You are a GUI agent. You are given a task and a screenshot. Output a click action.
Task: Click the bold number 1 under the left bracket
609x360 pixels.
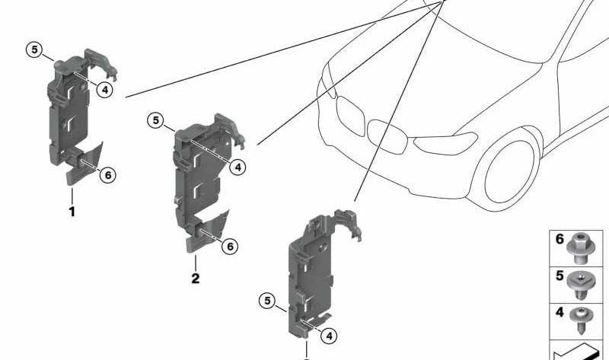click(x=72, y=212)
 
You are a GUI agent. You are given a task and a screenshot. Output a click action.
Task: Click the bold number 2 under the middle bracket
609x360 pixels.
click(x=196, y=278)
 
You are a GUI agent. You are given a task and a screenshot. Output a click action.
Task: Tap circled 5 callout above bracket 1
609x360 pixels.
click(x=34, y=50)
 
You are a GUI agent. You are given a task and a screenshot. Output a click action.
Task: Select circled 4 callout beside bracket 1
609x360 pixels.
click(x=104, y=90)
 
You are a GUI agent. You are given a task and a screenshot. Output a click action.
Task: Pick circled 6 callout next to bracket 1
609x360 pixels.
click(x=107, y=175)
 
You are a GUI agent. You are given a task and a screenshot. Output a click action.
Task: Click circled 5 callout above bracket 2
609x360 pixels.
click(x=156, y=120)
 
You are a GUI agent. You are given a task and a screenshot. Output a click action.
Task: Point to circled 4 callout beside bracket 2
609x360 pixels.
click(x=238, y=167)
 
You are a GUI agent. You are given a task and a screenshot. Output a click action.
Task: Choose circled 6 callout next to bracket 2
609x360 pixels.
click(x=230, y=246)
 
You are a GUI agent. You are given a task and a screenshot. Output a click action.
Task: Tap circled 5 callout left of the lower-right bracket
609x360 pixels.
click(x=267, y=301)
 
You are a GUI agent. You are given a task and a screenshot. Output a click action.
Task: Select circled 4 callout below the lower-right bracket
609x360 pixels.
click(x=329, y=336)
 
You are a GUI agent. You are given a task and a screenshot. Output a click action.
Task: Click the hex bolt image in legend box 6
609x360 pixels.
click(x=579, y=248)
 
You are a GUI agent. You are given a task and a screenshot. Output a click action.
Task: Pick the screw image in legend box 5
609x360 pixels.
click(x=579, y=285)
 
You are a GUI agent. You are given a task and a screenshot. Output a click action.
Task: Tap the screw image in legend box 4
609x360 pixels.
click(x=582, y=320)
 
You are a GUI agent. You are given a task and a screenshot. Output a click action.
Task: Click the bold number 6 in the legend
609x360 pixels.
click(x=560, y=239)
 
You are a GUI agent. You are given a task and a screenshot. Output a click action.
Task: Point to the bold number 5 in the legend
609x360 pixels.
click(x=560, y=276)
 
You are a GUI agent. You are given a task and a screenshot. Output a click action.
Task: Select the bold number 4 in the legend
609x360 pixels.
click(x=560, y=312)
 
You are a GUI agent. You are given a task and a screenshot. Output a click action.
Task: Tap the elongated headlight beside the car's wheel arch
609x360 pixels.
click(x=445, y=143)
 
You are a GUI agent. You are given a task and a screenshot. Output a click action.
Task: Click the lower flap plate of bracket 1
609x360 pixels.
click(x=85, y=166)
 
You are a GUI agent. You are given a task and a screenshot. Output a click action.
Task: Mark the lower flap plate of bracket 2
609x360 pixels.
click(x=208, y=232)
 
